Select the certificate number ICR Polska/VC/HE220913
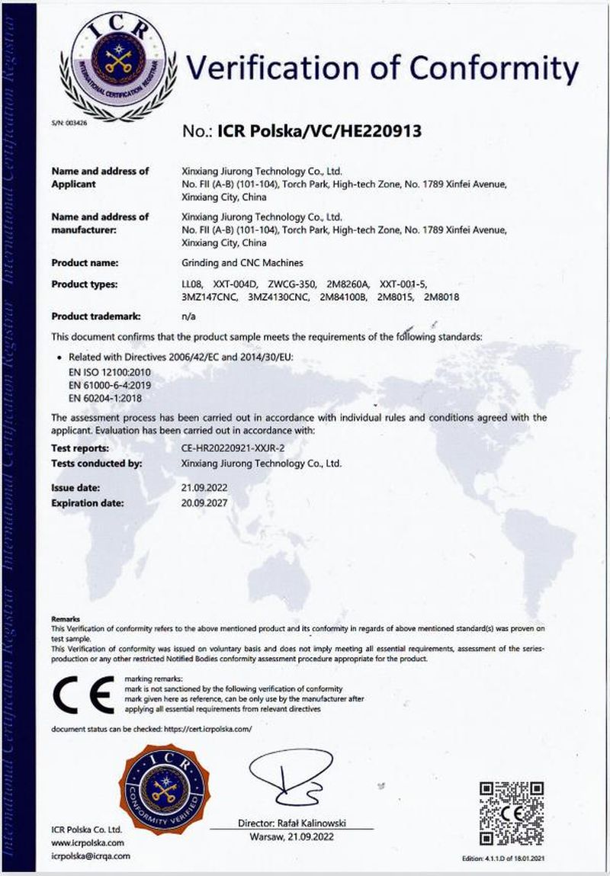point(319,131)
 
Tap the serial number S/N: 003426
point(65,122)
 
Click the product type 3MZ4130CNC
point(279,297)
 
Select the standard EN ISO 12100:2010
point(106,370)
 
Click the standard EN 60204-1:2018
point(105,397)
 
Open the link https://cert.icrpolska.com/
point(207,730)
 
